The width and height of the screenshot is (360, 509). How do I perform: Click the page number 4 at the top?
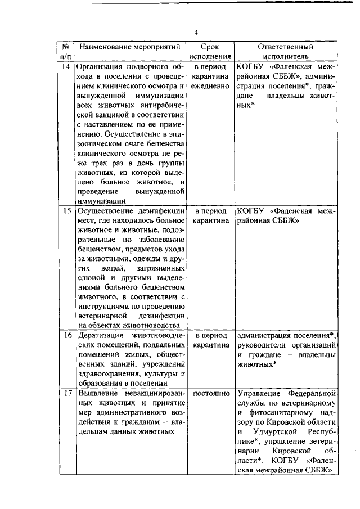(x=196, y=31)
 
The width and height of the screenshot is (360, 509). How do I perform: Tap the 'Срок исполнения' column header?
(x=210, y=52)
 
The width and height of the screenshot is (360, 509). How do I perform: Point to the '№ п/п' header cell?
(x=66, y=52)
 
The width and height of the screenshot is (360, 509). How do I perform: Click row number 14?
(x=66, y=67)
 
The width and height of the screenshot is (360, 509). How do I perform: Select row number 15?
(x=66, y=211)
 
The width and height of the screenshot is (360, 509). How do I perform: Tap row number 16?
(x=66, y=335)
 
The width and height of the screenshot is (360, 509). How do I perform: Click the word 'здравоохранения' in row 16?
(x=107, y=374)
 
